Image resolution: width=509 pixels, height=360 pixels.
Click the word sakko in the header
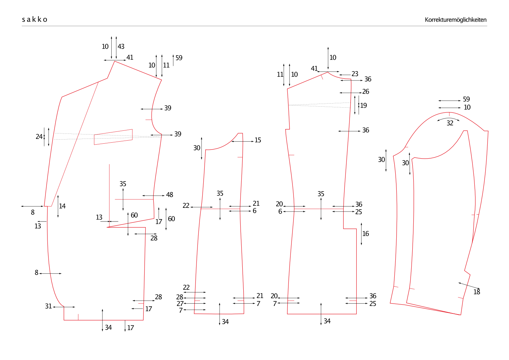[x=35, y=19]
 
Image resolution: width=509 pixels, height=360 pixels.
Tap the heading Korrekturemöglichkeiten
[x=455, y=20]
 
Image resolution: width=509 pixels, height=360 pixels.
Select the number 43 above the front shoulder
[x=121, y=47]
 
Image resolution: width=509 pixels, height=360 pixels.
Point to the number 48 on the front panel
[x=170, y=195]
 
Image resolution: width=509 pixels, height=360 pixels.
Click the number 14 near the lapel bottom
[x=62, y=206]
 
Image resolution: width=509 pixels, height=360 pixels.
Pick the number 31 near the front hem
[x=49, y=306]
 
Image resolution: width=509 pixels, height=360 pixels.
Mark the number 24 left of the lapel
[x=39, y=137]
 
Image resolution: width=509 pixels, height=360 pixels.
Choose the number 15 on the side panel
[x=258, y=140]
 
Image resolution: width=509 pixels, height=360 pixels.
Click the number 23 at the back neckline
[x=355, y=74]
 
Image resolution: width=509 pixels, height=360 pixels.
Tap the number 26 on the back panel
[x=365, y=91]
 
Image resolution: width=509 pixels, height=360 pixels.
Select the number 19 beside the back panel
[x=363, y=105]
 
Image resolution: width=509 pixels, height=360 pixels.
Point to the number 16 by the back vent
[x=365, y=234]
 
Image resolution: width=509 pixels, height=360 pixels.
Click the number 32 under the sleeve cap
[x=450, y=123]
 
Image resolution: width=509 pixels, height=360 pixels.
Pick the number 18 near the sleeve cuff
[x=477, y=292]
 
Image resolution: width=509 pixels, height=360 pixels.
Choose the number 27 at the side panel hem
[x=180, y=303]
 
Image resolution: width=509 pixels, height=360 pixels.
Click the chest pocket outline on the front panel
[x=113, y=137]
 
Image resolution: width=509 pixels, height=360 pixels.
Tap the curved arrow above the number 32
[x=448, y=119]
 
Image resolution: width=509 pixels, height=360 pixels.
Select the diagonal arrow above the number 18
[x=469, y=286]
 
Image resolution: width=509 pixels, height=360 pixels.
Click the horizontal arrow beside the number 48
[x=153, y=196]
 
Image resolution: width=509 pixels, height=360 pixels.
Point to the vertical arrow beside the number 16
[x=361, y=234]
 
